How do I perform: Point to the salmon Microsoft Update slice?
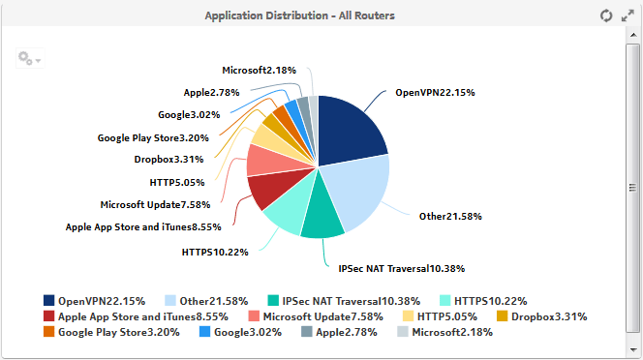click(x=265, y=161)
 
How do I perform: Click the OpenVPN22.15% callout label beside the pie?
click(x=434, y=93)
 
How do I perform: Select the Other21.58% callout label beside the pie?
click(x=450, y=216)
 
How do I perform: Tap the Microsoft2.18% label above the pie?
click(x=259, y=71)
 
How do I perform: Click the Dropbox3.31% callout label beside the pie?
click(x=168, y=160)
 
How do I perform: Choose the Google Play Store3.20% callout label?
click(x=153, y=138)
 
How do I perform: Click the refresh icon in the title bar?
click(x=606, y=15)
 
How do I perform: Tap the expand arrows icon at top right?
click(x=628, y=15)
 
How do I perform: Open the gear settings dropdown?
click(x=28, y=59)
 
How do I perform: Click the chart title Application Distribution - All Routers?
click(x=299, y=16)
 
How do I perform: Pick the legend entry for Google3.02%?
click(x=246, y=332)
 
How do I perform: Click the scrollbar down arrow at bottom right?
click(x=634, y=349)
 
